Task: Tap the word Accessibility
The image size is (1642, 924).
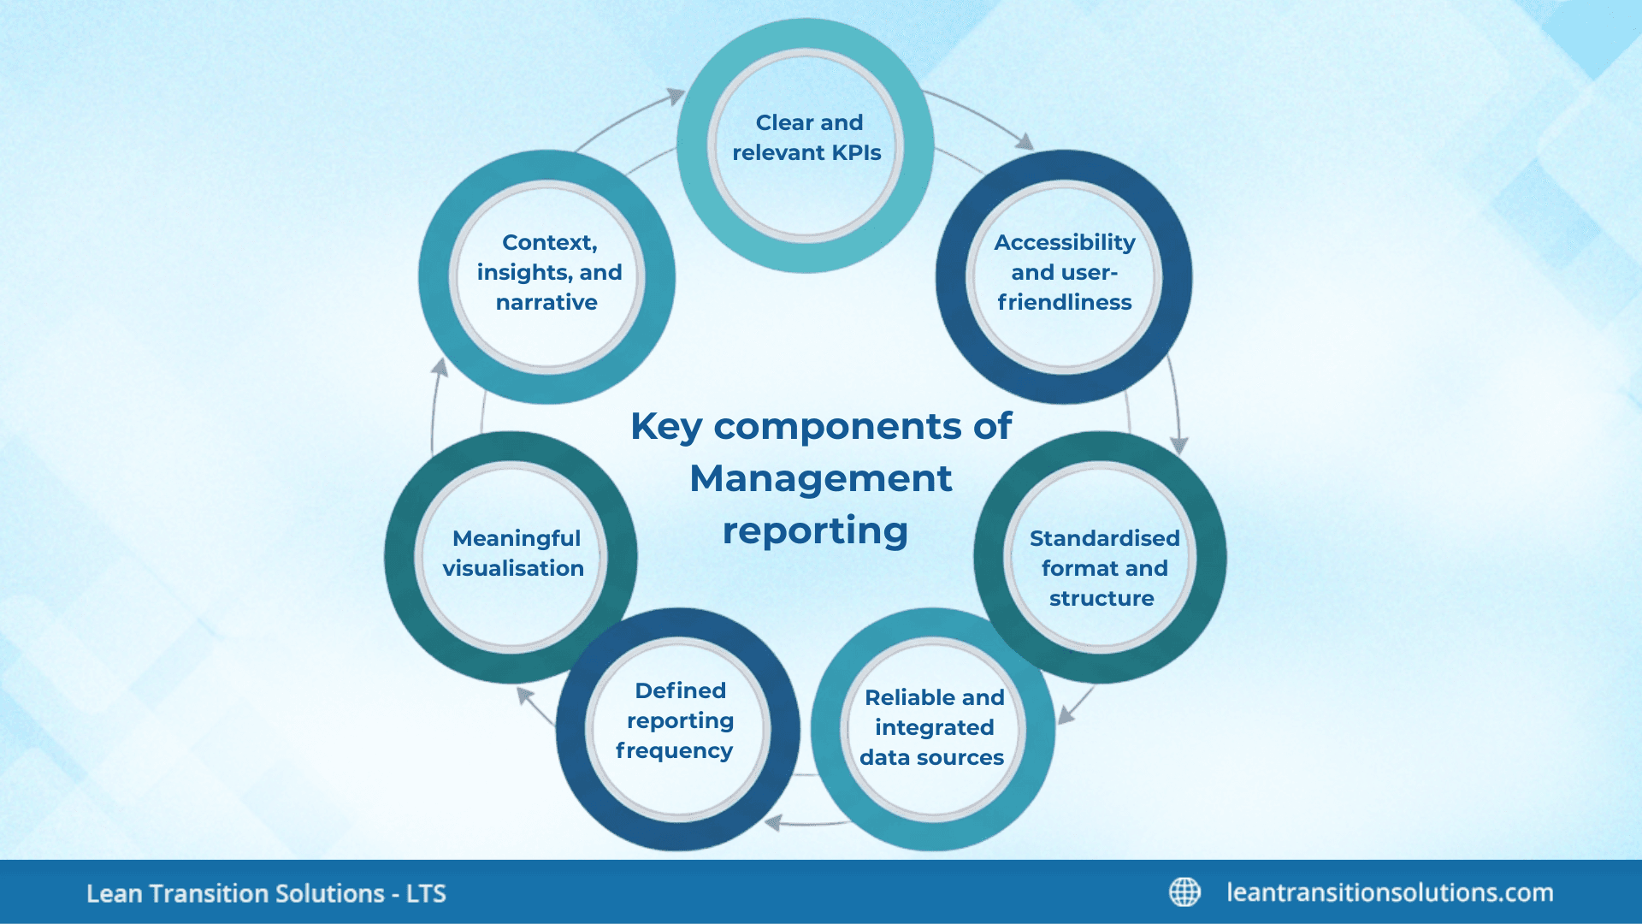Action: coord(1064,243)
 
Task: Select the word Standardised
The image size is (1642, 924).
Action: coord(1104,538)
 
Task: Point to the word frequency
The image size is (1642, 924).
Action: coord(674,751)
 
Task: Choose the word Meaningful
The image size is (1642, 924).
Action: coord(516,538)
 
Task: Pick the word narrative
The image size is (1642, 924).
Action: coord(546,302)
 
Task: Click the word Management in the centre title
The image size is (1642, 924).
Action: coord(820,478)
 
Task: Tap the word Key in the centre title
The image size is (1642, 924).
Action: coord(665,427)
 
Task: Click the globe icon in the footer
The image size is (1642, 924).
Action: coord(1184,891)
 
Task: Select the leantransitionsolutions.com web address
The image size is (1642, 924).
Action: coord(1390,892)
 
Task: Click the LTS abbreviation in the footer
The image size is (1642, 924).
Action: coord(426,893)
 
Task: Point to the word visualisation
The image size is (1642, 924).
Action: coord(513,568)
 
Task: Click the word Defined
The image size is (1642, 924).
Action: coord(680,690)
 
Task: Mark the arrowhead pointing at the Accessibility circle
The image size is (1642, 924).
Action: coord(1025,141)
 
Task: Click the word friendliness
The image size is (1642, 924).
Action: coord(1064,302)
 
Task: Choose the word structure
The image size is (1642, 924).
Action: coord(1102,598)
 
